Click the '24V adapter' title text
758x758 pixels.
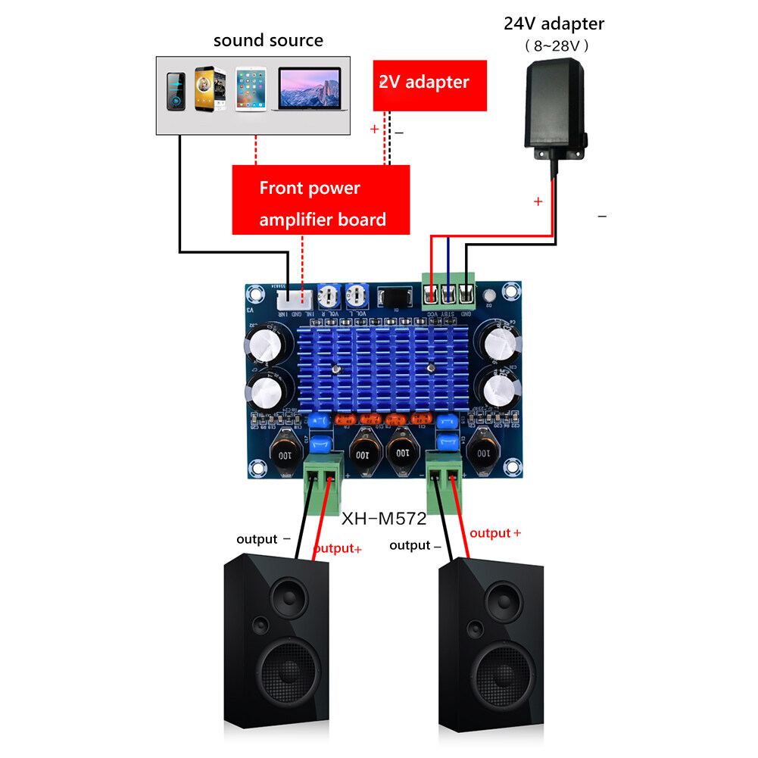[554, 23]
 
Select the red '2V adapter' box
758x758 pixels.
[429, 82]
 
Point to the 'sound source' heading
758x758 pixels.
[268, 40]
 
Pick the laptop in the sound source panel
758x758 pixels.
[310, 89]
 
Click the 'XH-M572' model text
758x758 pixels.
[384, 519]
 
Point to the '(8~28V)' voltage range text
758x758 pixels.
[556, 46]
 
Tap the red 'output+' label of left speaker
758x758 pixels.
[337, 548]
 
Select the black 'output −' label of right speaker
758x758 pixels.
[415, 545]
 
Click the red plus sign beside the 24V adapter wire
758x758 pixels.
[538, 202]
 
